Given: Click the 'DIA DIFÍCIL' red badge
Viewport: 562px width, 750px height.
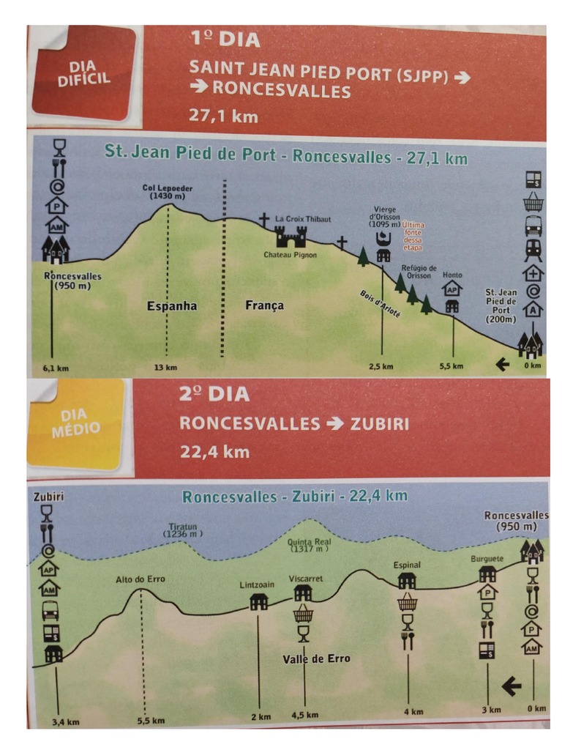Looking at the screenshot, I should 83,73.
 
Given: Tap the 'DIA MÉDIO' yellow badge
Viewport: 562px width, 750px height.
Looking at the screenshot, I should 76,424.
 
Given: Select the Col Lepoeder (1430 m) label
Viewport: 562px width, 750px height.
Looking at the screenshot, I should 168,193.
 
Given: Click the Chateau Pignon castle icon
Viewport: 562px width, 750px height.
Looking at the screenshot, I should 290,236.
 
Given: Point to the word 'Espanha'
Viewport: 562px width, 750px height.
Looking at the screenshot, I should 172,305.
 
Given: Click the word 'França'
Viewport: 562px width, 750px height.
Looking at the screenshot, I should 264,305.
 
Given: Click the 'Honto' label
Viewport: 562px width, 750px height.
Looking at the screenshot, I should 452,275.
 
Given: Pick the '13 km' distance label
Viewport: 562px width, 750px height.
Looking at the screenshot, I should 166,367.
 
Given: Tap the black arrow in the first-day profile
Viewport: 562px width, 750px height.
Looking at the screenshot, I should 502,363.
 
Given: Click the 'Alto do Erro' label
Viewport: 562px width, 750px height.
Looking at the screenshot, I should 140,579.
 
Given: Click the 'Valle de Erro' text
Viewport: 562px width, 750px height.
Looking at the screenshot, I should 316,658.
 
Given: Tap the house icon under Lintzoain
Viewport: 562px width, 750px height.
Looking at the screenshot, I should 258,602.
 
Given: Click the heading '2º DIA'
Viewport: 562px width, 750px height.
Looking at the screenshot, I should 214,393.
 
